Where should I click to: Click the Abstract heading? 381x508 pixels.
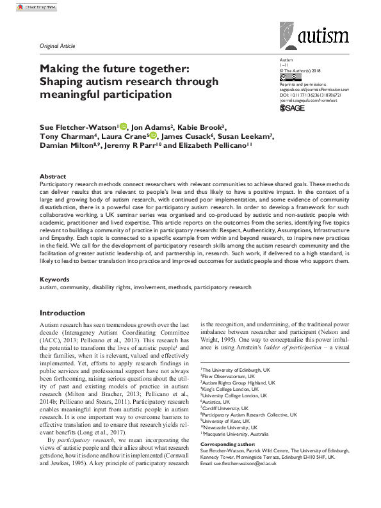tap(53, 176)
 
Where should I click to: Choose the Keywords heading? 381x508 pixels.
tap(56, 279)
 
